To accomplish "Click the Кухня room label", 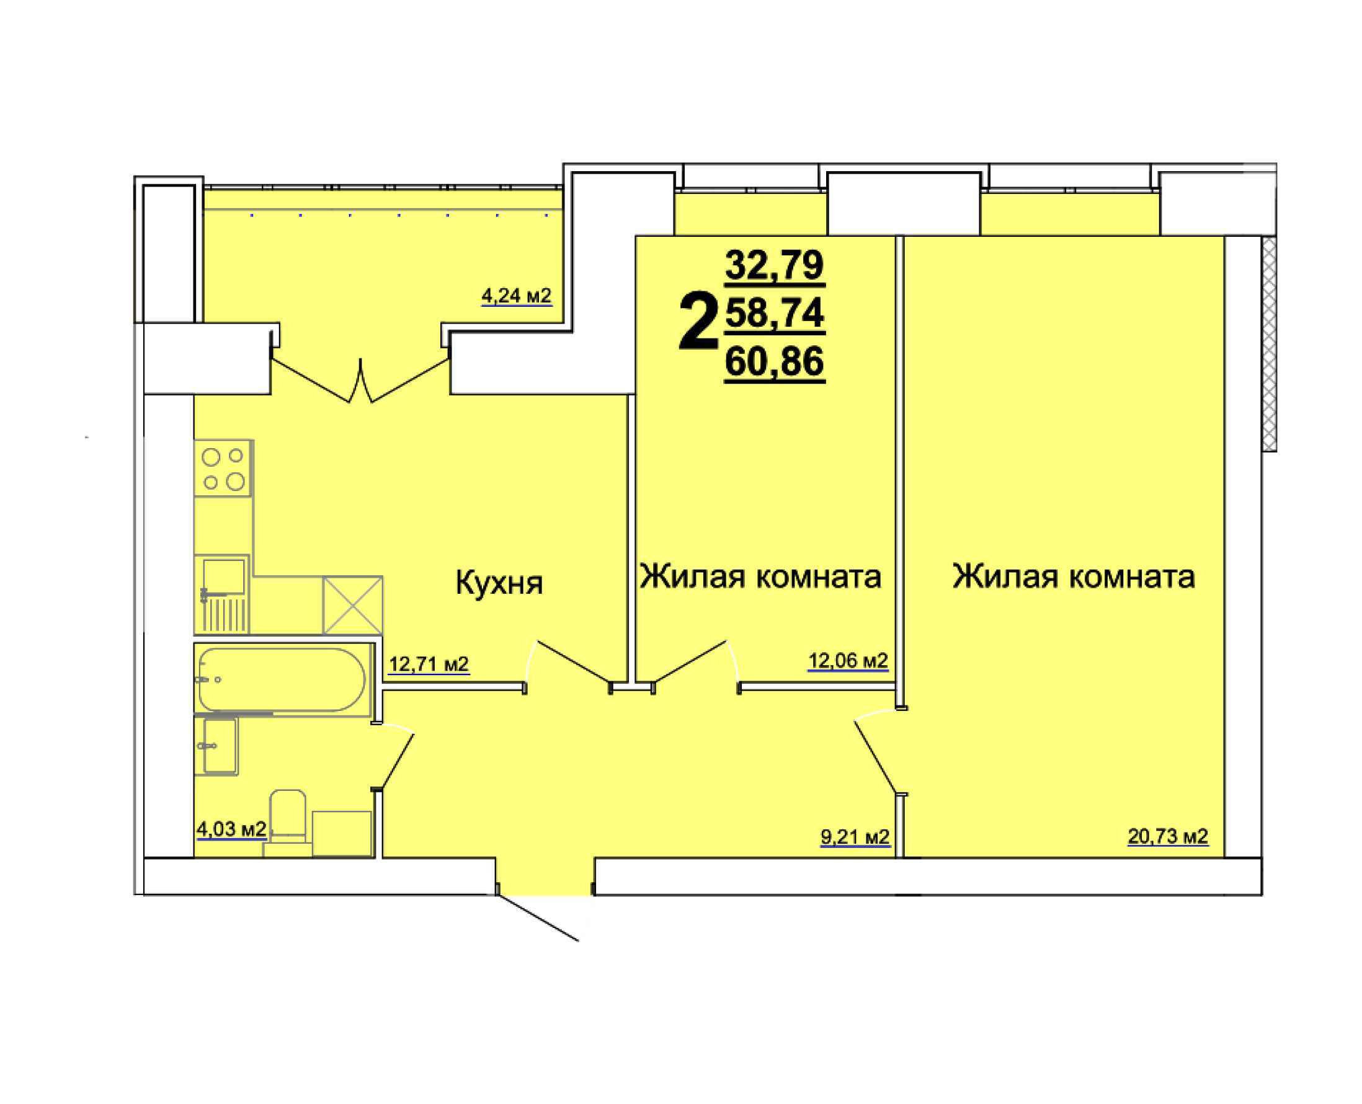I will coord(499,583).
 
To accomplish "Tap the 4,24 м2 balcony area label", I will coord(516,296).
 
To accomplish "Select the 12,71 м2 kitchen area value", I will coord(429,664).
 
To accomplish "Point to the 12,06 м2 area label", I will coord(847,661).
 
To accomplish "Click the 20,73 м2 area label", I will coord(1167,836).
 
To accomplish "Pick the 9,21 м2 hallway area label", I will coord(855,837).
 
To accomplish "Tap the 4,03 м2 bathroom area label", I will coord(231,829).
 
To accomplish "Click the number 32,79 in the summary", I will coord(774,265).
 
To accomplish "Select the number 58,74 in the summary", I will coord(774,314).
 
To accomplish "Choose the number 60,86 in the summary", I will coord(774,362).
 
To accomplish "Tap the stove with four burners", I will coord(223,468).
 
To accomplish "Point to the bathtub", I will coord(282,679).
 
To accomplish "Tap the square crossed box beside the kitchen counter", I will coord(352,605).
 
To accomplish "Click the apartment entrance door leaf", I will coord(538,917).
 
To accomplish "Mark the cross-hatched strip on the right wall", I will coord(1269,344).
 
